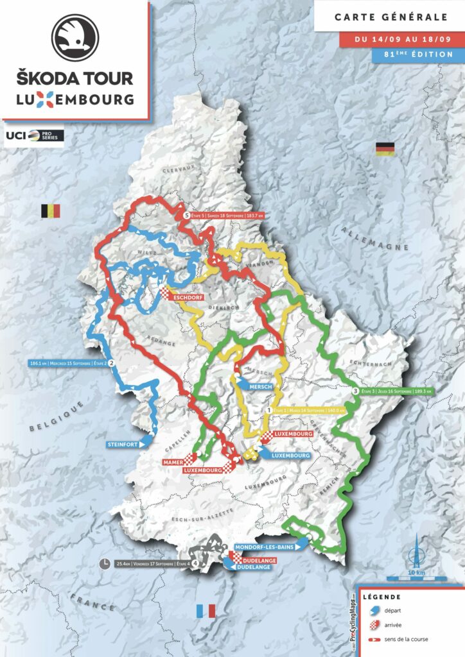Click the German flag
385,149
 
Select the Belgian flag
50,211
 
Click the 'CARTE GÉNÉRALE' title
390,17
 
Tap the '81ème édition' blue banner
417,55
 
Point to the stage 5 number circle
186,216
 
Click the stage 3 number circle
356,391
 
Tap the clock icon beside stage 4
105,564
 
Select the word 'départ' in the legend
403,611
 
